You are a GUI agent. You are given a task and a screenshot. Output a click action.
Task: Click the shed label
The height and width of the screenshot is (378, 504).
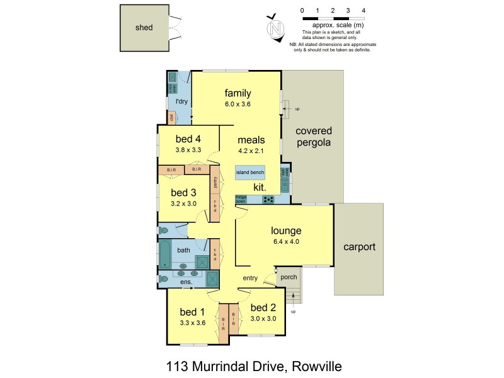[x=144, y=28]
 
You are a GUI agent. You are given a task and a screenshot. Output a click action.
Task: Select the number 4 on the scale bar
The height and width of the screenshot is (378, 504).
[x=364, y=11]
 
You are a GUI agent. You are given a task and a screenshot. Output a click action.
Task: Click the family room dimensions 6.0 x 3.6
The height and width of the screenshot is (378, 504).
[x=237, y=105]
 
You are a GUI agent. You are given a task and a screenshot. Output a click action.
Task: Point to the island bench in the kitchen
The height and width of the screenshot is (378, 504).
[x=250, y=172]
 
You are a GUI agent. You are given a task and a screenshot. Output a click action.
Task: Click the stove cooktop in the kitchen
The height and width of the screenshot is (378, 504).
[x=268, y=200]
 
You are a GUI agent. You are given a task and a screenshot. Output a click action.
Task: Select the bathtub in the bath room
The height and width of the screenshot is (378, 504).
[x=164, y=255]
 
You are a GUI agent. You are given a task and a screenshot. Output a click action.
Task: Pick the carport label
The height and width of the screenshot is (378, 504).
[x=358, y=247]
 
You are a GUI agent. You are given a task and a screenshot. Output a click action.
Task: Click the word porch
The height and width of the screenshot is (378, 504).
[x=288, y=277]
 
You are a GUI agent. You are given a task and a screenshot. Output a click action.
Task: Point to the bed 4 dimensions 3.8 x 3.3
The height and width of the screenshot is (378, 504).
[x=188, y=150]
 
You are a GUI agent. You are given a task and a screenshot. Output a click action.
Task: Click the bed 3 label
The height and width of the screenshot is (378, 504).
[x=184, y=192]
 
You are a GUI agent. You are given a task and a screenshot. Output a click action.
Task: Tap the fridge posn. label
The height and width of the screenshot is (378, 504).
[x=241, y=198]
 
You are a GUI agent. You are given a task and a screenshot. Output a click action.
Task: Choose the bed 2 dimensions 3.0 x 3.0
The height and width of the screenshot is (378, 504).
[x=263, y=319]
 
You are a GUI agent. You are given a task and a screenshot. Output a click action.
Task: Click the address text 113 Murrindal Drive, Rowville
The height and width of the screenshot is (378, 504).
[x=253, y=365]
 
